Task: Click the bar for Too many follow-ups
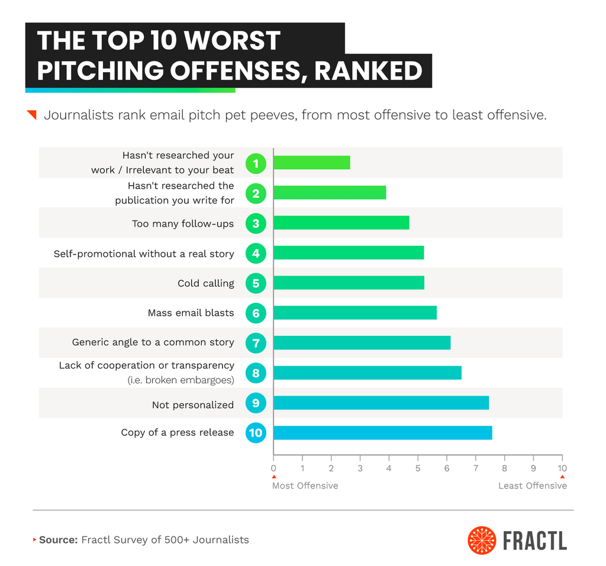pos(341,223)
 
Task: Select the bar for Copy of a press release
pos(382,433)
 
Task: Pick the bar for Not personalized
pos(381,403)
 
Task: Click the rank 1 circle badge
pos(256,163)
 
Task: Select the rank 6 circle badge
pos(256,313)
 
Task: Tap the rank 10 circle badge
pos(256,433)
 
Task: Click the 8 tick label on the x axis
pos(504,468)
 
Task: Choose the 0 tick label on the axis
pos(273,468)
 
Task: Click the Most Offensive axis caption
pos(305,486)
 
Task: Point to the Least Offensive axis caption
pos(533,486)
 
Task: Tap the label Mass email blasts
pos(191,313)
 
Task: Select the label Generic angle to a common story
pos(153,342)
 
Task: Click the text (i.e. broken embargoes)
pos(180,380)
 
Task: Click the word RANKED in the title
pos(368,71)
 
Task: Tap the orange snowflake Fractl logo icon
pos(482,541)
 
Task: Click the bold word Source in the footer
pos(58,539)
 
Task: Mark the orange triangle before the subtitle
pos(33,114)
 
